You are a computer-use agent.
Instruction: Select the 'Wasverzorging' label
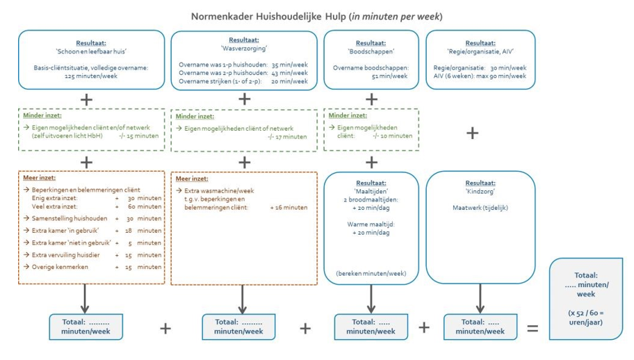[x=244, y=49]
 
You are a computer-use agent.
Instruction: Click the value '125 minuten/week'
[x=91, y=76]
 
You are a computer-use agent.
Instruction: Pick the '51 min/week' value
[x=371, y=76]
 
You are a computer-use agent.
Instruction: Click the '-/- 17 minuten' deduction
[x=286, y=137]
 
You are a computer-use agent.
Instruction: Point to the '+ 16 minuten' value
[x=288, y=207]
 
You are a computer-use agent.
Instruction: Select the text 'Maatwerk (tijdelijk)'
[x=480, y=207]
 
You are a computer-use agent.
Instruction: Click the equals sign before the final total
[x=533, y=328]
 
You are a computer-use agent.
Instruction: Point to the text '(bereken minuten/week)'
[x=371, y=272]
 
